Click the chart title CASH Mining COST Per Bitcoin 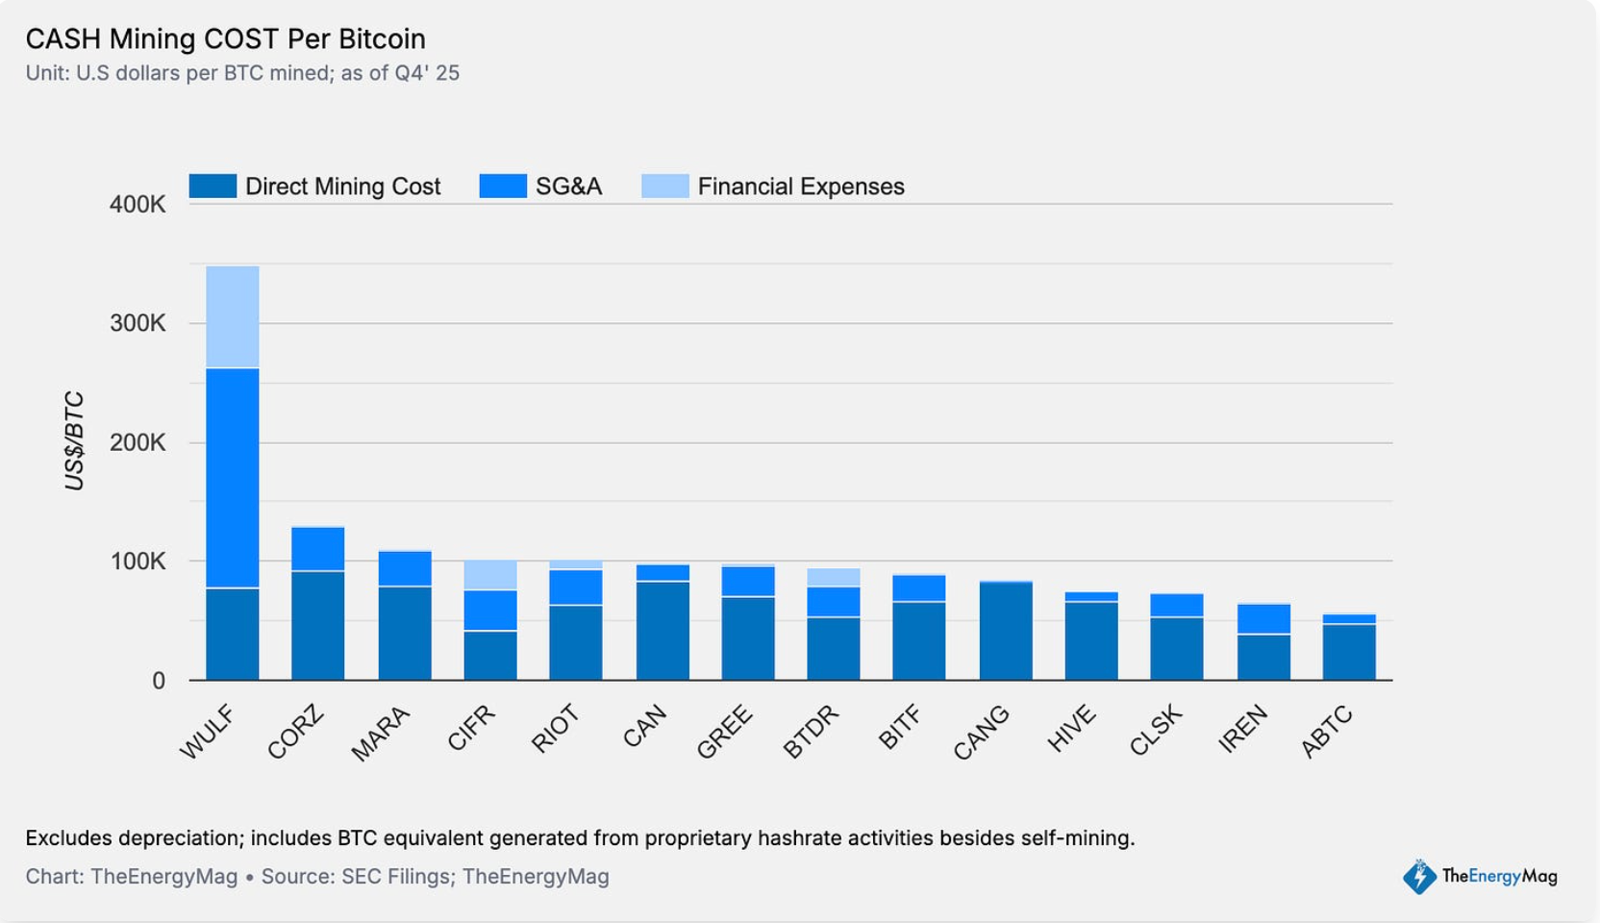(x=225, y=38)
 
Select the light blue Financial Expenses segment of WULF (x=233, y=316)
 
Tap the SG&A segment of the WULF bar (x=233, y=477)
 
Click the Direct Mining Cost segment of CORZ (x=318, y=625)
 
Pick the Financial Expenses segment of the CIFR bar (x=490, y=575)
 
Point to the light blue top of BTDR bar (x=834, y=577)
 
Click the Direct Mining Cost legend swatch (x=212, y=186)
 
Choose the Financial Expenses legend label (x=800, y=187)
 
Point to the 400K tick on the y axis (x=137, y=204)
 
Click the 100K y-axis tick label (x=137, y=561)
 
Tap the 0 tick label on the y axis (x=159, y=681)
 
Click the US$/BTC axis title (x=74, y=440)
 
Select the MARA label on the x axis (x=381, y=733)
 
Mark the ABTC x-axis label (x=1327, y=732)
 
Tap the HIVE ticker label (x=1071, y=729)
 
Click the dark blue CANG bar (x=1006, y=631)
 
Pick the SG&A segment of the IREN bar (x=1263, y=619)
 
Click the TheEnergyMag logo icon (x=1419, y=876)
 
